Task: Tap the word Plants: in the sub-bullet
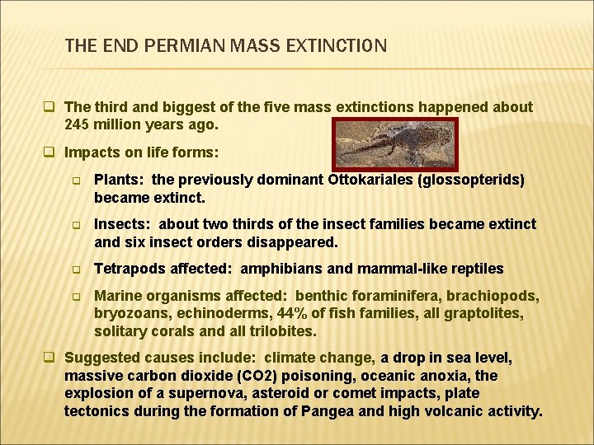(121, 180)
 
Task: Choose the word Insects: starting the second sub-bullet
(123, 224)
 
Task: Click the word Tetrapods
(128, 269)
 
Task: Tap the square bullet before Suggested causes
(49, 358)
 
